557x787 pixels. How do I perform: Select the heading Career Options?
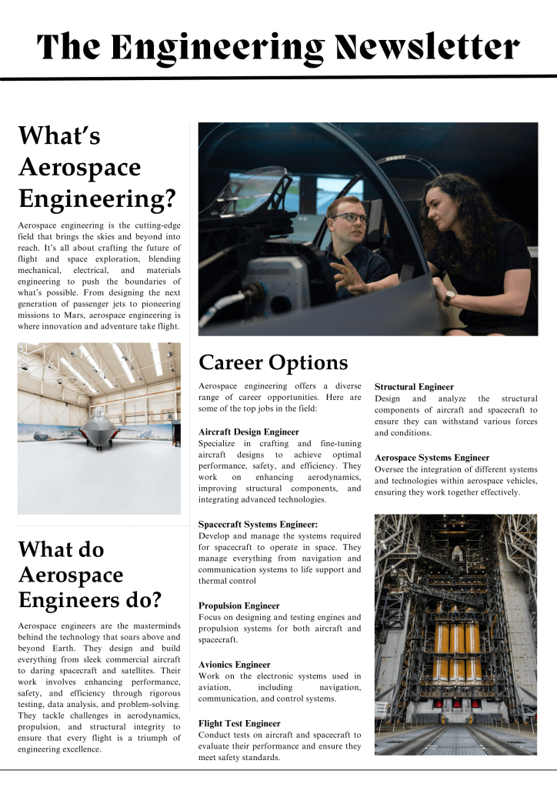click(x=273, y=362)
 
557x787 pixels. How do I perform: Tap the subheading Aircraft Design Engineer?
click(x=248, y=432)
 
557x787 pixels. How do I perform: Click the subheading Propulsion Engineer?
click(x=238, y=605)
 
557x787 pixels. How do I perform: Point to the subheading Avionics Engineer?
click(x=234, y=664)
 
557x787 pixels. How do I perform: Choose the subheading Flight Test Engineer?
click(x=239, y=723)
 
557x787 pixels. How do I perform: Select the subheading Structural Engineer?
click(x=414, y=386)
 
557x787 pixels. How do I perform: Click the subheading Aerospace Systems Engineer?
click(x=432, y=457)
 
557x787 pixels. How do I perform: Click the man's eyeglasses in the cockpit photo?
click(x=350, y=218)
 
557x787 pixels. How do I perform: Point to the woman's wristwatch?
click(x=449, y=298)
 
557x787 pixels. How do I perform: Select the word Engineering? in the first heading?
click(x=96, y=198)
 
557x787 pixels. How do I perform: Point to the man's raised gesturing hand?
click(x=349, y=273)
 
